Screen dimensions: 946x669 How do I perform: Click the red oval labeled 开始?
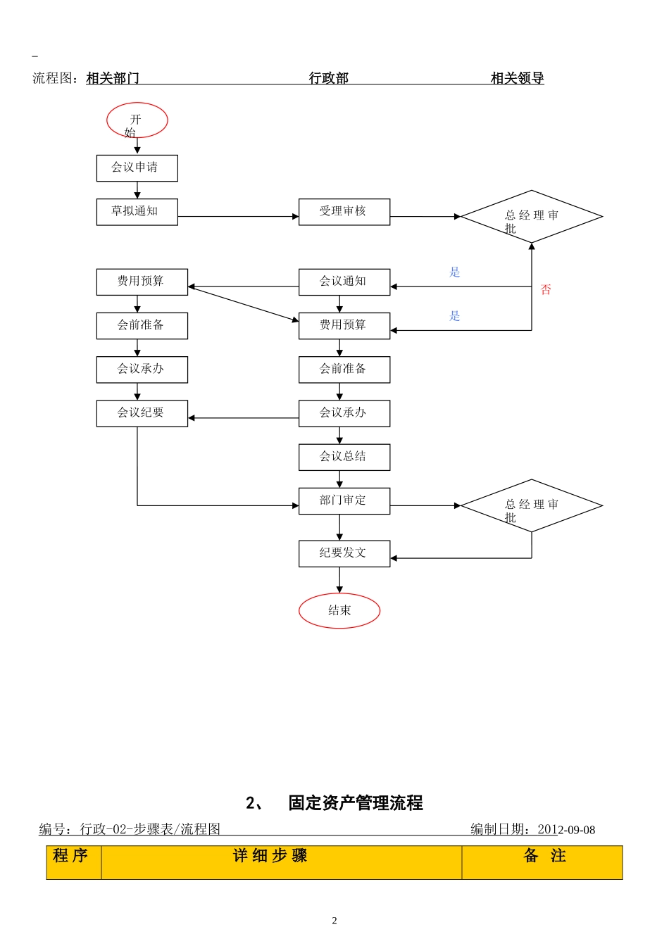137,120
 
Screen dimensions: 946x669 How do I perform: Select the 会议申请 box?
137,168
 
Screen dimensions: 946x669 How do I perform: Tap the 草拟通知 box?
137,211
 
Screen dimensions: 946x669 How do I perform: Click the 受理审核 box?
344,211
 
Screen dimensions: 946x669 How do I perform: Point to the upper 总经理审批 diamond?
531,217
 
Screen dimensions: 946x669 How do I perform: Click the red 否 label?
545,290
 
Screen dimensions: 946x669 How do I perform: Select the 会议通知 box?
344,282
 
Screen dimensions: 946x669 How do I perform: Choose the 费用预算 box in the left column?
142,282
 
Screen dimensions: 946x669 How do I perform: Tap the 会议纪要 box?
142,413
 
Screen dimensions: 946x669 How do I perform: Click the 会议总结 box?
344,457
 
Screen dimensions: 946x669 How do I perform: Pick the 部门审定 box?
344,500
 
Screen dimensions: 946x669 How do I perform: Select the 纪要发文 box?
344,553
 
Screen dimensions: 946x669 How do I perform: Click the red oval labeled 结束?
339,611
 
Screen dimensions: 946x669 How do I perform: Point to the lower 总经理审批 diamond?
531,505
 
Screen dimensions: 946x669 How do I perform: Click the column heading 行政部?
329,78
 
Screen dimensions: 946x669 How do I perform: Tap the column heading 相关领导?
517,78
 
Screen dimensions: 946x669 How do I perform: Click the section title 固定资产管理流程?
355,803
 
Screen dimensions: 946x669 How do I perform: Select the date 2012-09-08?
566,830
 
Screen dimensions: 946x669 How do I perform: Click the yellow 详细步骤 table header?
270,857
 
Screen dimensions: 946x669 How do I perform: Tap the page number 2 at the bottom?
334,921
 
